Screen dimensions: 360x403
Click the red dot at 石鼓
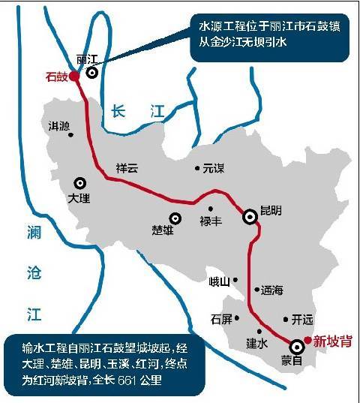click(75, 75)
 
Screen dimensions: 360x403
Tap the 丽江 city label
click(88, 58)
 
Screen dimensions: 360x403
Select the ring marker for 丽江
click(92, 73)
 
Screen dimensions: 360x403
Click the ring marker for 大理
click(79, 182)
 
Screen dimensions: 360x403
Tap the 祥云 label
click(127, 168)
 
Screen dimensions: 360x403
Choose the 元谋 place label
click(214, 169)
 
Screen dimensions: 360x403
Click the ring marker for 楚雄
click(175, 218)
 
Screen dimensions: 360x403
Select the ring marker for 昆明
click(250, 216)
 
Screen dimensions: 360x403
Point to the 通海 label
click(271, 290)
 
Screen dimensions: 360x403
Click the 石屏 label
click(222, 319)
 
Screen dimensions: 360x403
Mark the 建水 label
click(257, 343)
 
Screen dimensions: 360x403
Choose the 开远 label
click(301, 319)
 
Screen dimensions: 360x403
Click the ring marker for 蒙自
click(297, 346)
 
